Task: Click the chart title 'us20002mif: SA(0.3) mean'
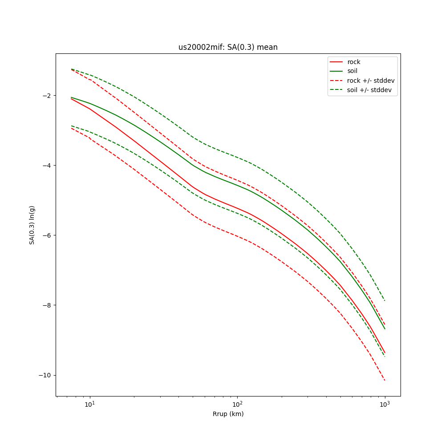pos(228,47)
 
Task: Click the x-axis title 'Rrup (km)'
pos(228,414)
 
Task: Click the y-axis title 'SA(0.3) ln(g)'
pos(32,225)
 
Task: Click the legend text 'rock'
pos(354,62)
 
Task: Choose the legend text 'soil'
pos(352,71)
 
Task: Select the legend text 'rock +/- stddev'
pos(371,81)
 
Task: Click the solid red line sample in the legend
pos(337,62)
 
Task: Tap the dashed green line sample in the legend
pos(337,90)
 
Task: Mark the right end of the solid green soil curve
pos(384,329)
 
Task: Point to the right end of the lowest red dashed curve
pos(384,380)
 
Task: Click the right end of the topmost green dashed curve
pos(384,300)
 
